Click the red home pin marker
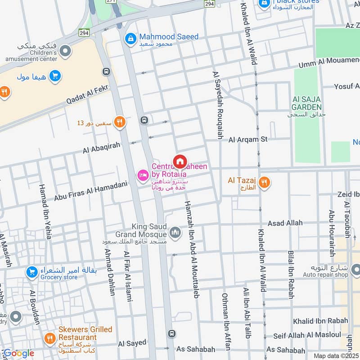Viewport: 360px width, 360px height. pyautogui.click(x=180, y=161)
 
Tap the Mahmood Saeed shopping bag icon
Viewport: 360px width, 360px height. pyautogui.click(x=130, y=38)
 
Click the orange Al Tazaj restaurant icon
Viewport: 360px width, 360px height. pyautogui.click(x=265, y=182)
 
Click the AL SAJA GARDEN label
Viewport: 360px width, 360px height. pyautogui.click(x=307, y=103)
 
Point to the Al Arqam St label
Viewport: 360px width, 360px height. pyautogui.click(x=247, y=140)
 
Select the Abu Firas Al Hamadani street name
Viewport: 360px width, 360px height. pyautogui.click(x=91, y=191)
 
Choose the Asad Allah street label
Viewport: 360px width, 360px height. pyautogui.click(x=285, y=223)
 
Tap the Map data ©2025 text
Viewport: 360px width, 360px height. pyautogui.click(x=336, y=355)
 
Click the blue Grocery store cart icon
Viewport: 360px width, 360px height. pyautogui.click(x=31, y=272)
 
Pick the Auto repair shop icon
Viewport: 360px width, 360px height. pyautogui.click(x=355, y=270)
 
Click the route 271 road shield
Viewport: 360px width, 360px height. pyautogui.click(x=111, y=2)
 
